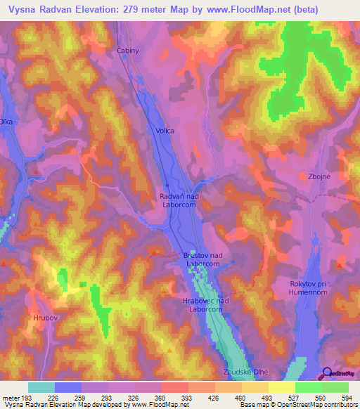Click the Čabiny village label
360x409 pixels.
[128, 51]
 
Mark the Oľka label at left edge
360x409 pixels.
[6, 122]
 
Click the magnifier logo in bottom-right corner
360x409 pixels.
[327, 374]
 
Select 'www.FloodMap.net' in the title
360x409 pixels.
[236, 10]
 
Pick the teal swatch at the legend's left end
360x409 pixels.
[41, 387]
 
